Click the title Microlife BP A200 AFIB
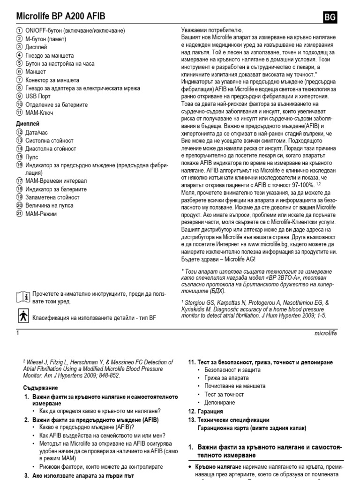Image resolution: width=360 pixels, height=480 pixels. coord(61,17)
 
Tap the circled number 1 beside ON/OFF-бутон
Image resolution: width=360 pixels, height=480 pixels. coord(19,30)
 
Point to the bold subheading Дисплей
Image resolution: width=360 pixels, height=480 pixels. coord(29,124)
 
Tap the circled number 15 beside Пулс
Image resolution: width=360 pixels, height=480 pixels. coord(19,157)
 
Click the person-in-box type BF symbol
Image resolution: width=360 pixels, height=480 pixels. coord(22,317)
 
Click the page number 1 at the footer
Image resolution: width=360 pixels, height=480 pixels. coord(17,333)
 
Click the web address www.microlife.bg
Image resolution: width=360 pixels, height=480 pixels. coord(271,245)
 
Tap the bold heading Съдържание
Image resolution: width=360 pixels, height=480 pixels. coord(41,388)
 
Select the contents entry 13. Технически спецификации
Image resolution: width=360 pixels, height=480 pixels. coord(228,420)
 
